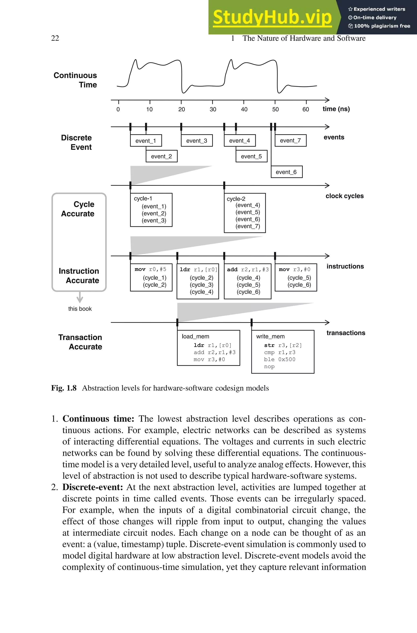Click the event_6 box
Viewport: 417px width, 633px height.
click(286, 172)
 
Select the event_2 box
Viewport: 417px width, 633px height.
click(161, 156)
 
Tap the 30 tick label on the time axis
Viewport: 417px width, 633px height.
click(213, 109)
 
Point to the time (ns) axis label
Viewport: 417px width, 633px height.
click(336, 109)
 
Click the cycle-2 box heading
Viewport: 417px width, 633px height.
click(236, 199)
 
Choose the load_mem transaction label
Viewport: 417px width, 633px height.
click(195, 336)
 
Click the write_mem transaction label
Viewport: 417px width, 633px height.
click(270, 336)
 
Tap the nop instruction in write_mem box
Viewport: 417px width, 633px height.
click(269, 367)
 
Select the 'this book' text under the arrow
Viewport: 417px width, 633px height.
click(80, 309)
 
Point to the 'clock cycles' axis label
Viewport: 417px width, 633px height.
click(344, 196)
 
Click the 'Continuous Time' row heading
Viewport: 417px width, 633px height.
click(75, 80)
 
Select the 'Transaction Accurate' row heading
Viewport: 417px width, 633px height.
click(80, 342)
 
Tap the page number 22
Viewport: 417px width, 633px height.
click(55, 38)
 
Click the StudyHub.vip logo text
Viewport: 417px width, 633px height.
click(272, 17)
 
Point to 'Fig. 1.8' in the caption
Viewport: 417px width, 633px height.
click(64, 388)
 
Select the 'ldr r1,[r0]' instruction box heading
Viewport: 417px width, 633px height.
click(198, 269)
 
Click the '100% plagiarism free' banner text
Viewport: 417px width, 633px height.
click(380, 26)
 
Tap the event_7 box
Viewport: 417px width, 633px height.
click(290, 140)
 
